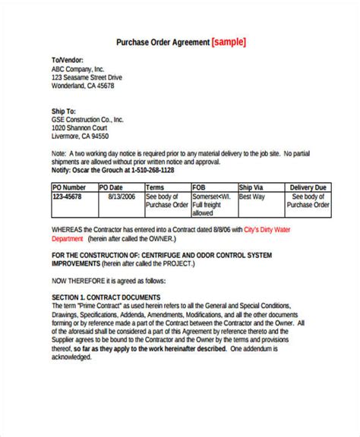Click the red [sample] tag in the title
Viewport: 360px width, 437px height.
pyautogui.click(x=229, y=42)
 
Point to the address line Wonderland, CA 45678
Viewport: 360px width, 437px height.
pyautogui.click(x=83, y=86)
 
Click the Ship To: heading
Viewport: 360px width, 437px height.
pyautogui.click(x=63, y=110)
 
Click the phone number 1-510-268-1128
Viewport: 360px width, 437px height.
pyautogui.click(x=153, y=171)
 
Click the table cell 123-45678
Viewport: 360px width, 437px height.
pyautogui.click(x=69, y=196)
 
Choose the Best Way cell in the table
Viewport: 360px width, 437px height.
pyautogui.click(x=253, y=196)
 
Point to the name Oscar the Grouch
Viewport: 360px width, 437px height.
pyautogui.click(x=100, y=171)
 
